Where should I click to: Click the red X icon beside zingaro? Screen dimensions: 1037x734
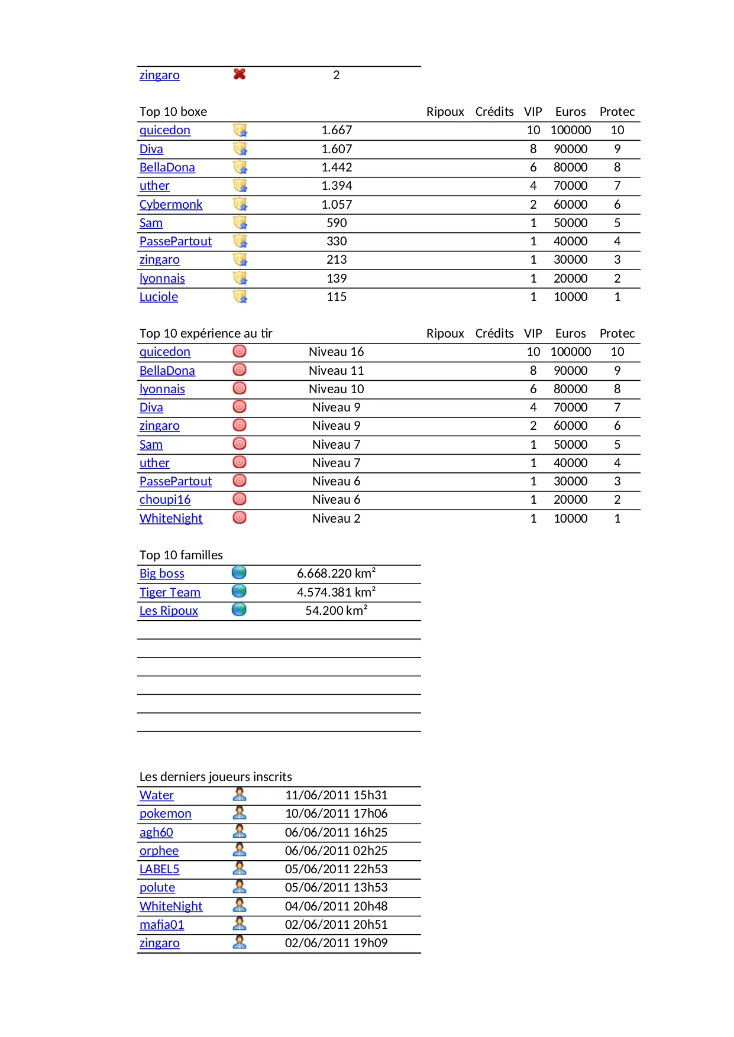(240, 74)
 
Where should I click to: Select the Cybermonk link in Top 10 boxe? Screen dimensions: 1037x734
(171, 205)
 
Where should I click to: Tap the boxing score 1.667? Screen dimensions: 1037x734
(337, 130)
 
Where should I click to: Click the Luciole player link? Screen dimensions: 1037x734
(159, 297)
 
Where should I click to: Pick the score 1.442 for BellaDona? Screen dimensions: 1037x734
(337, 167)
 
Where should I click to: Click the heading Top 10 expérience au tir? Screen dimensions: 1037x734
(206, 333)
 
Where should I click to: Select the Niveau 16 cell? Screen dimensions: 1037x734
(336, 352)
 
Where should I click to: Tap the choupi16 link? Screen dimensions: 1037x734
(165, 500)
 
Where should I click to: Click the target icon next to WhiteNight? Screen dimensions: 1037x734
(240, 518)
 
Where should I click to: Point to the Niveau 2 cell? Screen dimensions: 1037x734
(336, 518)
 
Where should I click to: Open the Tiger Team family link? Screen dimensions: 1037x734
(170, 592)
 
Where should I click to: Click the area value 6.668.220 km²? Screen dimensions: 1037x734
(336, 573)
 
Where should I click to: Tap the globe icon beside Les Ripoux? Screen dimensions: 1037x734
(239, 610)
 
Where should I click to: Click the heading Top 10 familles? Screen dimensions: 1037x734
(181, 555)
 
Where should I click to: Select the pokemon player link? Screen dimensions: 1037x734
(166, 814)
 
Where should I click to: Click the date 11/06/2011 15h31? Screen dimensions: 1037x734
(336, 795)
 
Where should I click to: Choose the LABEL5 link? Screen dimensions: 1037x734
(159, 869)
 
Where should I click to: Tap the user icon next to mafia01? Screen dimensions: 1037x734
(240, 923)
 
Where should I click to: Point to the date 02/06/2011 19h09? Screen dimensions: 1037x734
(336, 943)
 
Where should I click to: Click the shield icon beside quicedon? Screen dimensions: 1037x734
(240, 130)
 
